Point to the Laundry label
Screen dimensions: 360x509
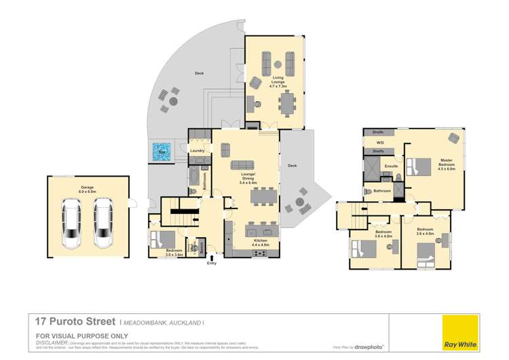(198, 151)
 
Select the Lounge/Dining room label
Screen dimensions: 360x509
(248, 181)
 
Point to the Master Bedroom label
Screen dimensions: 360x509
(446, 162)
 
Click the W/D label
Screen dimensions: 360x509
(380, 143)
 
